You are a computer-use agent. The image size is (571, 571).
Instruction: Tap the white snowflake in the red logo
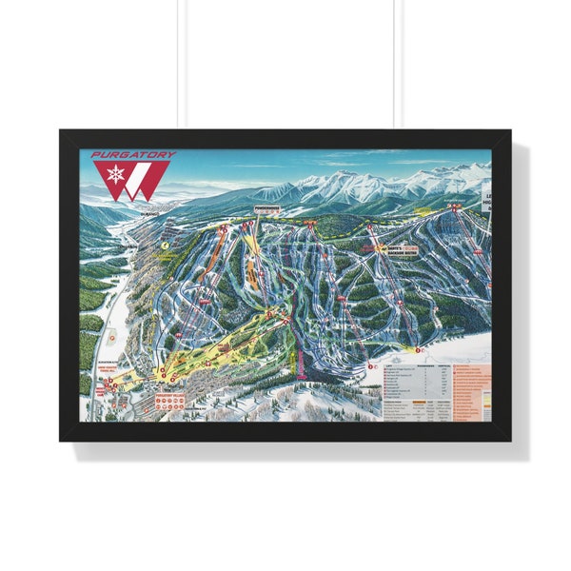point(114,175)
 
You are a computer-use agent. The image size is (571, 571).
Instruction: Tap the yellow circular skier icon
point(165,244)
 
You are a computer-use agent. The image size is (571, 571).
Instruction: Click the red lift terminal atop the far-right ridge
point(455,205)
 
